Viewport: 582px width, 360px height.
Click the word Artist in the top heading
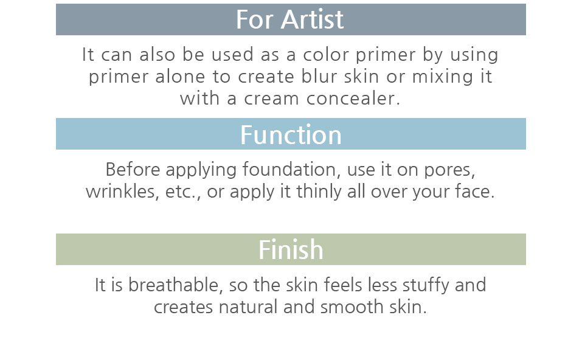[x=312, y=19]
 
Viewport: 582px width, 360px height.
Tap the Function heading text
[x=291, y=135]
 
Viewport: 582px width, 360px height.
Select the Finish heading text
[x=291, y=249]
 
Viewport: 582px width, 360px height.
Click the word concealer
[x=353, y=99]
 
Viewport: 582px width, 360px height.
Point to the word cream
[x=271, y=99]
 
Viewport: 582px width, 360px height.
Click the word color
[x=326, y=55]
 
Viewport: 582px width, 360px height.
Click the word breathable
[x=176, y=285]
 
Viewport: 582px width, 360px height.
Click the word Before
[x=133, y=170]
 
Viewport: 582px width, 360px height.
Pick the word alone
[x=180, y=77]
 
